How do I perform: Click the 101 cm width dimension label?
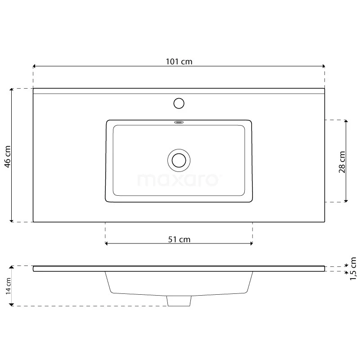tap(179, 62)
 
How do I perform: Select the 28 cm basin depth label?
tap(342, 162)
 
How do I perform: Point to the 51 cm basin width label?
tap(179, 239)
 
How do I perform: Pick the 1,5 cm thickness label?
tap(353, 269)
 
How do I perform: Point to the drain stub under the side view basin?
tap(179, 301)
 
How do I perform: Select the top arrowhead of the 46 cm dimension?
tap(12, 90)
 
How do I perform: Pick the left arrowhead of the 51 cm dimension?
tap(107, 244)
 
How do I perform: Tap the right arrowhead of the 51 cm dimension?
tap(251, 244)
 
